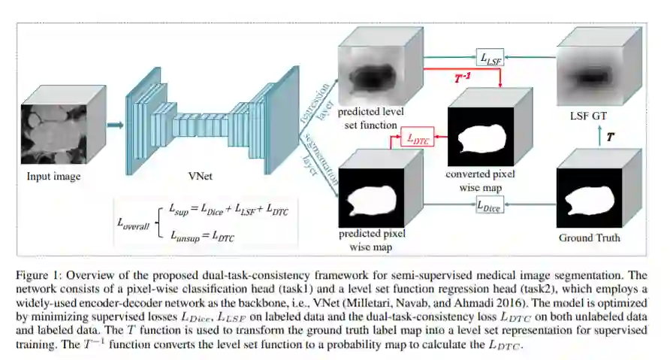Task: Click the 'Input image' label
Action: tap(53, 177)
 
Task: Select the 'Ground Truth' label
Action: tap(590, 238)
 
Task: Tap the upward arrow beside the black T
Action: tap(598, 138)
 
